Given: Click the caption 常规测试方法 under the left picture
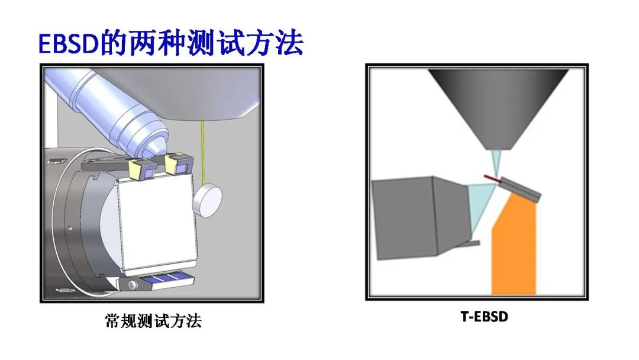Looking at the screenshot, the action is coord(153,321).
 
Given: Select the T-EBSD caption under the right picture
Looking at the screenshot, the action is coord(484,316).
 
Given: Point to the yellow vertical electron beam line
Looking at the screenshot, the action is coord(202,153).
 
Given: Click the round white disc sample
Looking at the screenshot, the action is coord(208,200).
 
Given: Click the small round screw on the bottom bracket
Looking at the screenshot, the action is coord(131,285).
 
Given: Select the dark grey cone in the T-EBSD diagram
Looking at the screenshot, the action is coord(498,108).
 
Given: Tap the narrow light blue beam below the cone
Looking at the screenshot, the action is coord(496,162).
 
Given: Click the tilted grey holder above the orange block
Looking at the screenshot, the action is coord(521,189).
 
